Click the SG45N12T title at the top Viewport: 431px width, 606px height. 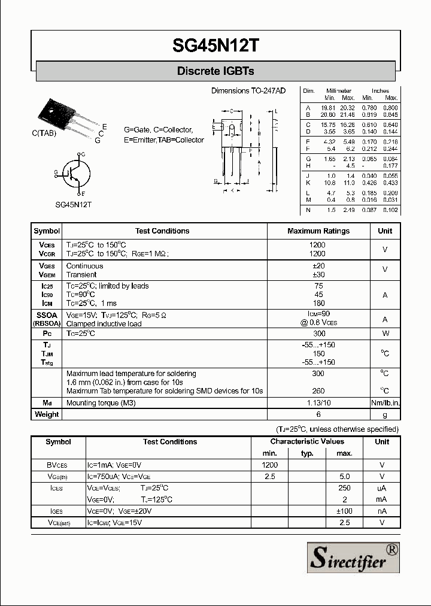[215, 45]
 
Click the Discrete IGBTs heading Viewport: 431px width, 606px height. [215, 71]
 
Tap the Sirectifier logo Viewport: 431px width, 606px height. [353, 558]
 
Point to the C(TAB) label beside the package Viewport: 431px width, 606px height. [44, 134]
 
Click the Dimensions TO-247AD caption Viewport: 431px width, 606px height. [248, 90]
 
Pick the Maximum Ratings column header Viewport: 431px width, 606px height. [318, 231]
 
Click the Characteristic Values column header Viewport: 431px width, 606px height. [307, 441]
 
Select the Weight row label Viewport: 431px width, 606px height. [47, 414]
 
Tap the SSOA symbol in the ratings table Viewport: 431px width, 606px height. [47, 315]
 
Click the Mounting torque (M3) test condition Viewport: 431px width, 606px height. [101, 403]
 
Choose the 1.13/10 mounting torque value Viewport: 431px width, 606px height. [318, 403]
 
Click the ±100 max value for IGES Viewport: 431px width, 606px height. [344, 511]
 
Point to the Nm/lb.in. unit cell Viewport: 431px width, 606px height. [385, 403]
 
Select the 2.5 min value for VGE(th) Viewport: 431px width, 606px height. [269, 477]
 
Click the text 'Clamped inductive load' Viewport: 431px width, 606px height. [104, 324]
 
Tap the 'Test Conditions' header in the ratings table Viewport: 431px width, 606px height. [162, 231]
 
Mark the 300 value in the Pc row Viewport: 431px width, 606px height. [318, 334]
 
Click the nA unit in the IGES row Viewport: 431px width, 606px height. [382, 511]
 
